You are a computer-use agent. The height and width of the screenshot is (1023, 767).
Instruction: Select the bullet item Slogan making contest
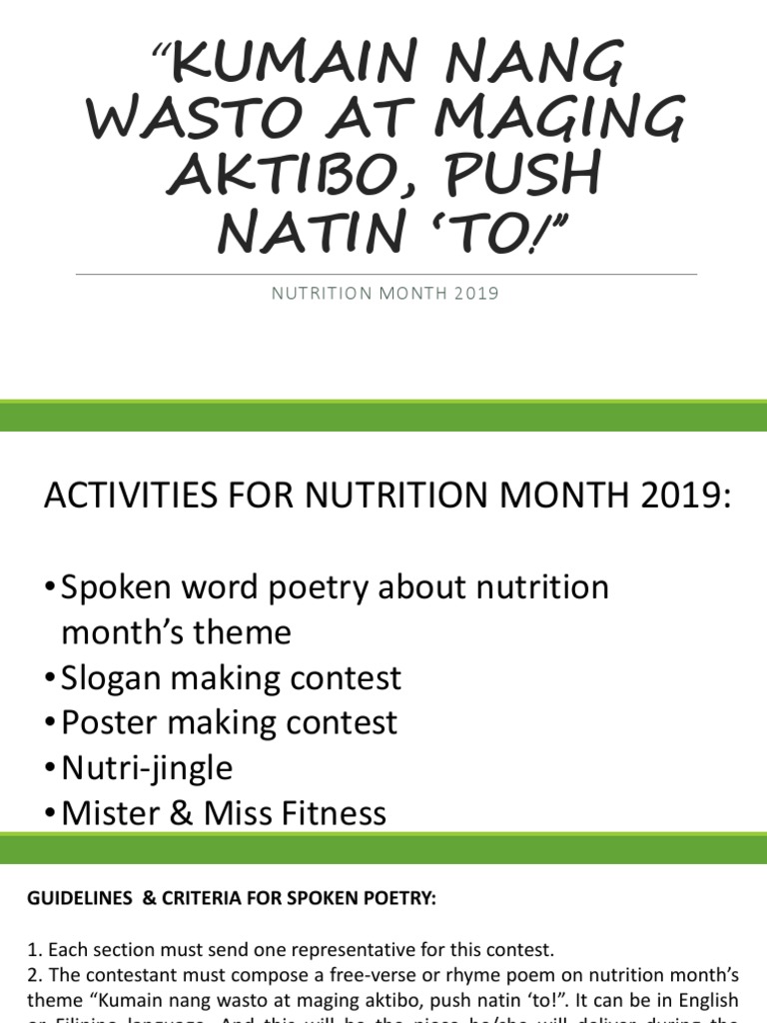coord(231,678)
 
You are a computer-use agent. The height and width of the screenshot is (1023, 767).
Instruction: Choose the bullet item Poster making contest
coord(229,722)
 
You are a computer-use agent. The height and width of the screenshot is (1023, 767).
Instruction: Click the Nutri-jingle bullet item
coord(147,767)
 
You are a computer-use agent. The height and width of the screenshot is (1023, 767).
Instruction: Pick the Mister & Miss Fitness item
coord(224,812)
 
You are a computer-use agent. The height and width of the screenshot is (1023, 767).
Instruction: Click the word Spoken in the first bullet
coord(117,587)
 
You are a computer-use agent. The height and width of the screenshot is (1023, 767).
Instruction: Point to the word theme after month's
coord(245,632)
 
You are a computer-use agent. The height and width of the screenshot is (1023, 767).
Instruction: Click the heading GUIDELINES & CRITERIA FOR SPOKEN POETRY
coord(232,899)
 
